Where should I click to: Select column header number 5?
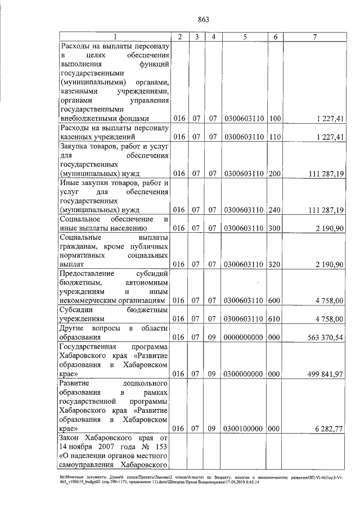[245, 37]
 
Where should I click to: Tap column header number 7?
[316, 37]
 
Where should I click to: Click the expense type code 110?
[274, 137]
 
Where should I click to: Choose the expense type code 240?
[274, 210]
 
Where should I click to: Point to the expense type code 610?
[274, 319]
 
